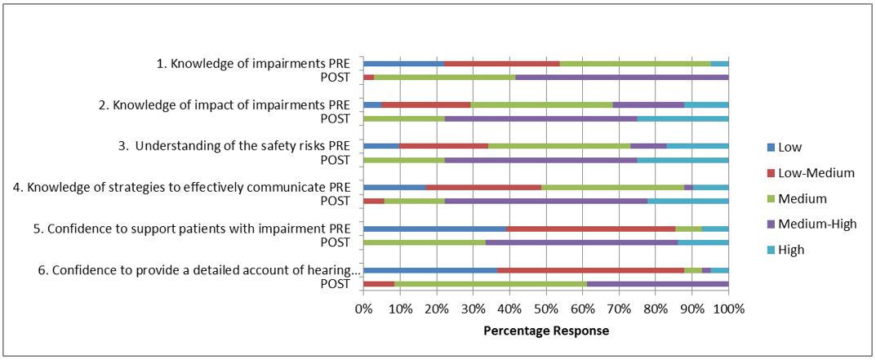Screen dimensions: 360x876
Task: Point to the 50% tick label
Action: pyautogui.click(x=545, y=309)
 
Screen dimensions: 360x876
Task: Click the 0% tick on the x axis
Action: pyautogui.click(x=363, y=309)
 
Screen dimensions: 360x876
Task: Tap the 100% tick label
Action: pyautogui.click(x=728, y=309)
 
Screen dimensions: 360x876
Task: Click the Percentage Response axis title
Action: pyautogui.click(x=546, y=331)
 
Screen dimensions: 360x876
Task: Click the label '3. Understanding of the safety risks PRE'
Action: pyautogui.click(x=242, y=146)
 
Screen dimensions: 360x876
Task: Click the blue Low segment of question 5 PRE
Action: pyautogui.click(x=435, y=229)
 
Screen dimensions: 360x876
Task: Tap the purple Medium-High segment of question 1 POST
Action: pyautogui.click(x=622, y=78)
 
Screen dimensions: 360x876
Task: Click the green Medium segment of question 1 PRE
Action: pyautogui.click(x=635, y=63)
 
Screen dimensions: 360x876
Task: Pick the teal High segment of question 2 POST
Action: pyautogui.click(x=683, y=118)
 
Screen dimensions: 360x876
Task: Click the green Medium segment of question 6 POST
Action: pyautogui.click(x=491, y=284)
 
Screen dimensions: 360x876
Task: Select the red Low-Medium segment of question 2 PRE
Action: pyautogui.click(x=426, y=104)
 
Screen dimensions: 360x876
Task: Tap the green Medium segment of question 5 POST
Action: pyautogui.click(x=425, y=242)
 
